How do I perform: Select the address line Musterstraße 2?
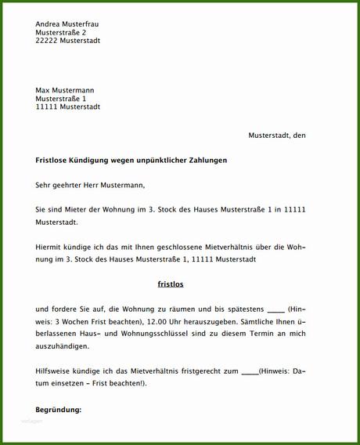[x=67, y=32]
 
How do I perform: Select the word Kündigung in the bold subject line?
[x=92, y=160]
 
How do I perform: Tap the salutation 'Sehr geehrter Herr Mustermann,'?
[x=90, y=186]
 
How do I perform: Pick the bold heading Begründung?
[x=59, y=410]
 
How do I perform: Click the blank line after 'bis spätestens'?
[x=275, y=309]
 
